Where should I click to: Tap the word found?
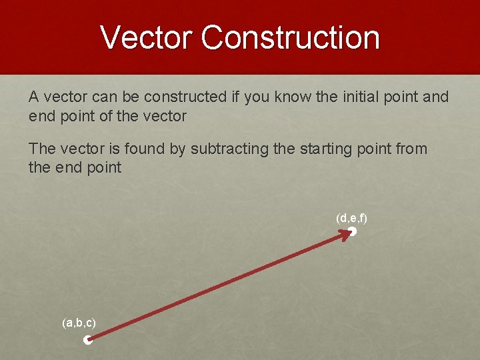tap(145, 149)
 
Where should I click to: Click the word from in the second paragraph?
tap(411, 149)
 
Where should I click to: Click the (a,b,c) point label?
tap(79, 323)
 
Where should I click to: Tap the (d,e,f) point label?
tap(352, 218)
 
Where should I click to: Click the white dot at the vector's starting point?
tap(87, 341)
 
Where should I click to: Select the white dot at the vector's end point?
tap(353, 232)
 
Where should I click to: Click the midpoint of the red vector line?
tap(220, 286)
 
